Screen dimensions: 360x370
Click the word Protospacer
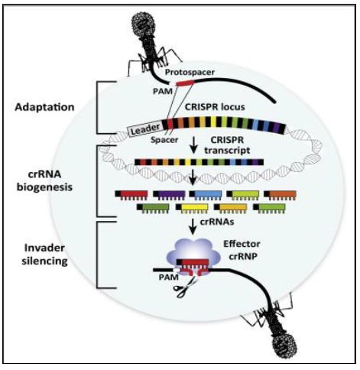(x=190, y=73)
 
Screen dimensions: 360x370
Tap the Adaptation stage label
(x=44, y=107)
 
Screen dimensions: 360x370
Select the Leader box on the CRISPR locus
(x=145, y=128)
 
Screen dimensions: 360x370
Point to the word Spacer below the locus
(x=164, y=140)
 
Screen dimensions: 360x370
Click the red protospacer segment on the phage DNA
(x=185, y=83)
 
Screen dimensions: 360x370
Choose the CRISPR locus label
(x=215, y=107)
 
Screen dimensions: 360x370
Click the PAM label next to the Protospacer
(x=163, y=91)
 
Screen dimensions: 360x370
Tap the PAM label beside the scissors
(x=168, y=277)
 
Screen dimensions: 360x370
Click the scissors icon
(x=185, y=287)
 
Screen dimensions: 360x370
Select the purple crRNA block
(x=169, y=195)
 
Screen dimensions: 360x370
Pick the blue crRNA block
(x=206, y=195)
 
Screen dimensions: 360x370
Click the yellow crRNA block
(x=192, y=208)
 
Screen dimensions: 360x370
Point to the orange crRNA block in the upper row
(x=280, y=195)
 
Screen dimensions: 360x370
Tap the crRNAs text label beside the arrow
(x=217, y=222)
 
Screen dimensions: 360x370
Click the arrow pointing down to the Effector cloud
(x=193, y=226)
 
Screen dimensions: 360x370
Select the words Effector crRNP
(x=242, y=250)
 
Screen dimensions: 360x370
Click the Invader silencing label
(x=44, y=255)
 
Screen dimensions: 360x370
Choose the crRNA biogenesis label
(x=44, y=180)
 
